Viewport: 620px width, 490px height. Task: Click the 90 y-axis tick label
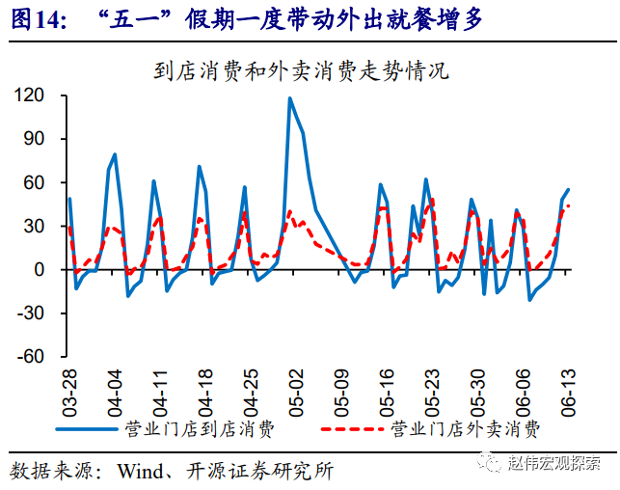coord(36,139)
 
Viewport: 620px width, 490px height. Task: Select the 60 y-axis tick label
coord(36,182)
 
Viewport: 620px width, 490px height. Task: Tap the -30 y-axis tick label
coord(33,313)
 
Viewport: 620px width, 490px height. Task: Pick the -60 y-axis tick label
coord(33,356)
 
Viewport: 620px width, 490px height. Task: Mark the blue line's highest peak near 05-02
coord(289,98)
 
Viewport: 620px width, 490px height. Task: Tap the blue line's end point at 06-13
coord(568,190)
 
